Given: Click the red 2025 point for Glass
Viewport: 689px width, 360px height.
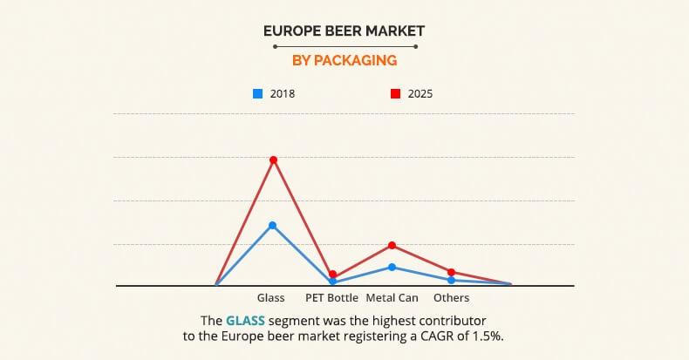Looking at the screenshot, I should click(273, 160).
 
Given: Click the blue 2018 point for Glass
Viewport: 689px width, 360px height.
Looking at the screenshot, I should click(273, 225).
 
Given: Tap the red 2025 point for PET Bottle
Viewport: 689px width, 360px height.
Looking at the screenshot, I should click(332, 275).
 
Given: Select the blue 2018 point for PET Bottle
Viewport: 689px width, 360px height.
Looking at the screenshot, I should click(332, 282).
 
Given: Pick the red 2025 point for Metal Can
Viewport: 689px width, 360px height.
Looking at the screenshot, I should click(392, 246).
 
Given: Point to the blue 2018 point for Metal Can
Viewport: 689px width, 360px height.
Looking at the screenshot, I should click(392, 267).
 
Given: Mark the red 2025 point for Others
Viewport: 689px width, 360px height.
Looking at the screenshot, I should click(451, 272).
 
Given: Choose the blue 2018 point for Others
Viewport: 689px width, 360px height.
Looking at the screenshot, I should click(451, 280).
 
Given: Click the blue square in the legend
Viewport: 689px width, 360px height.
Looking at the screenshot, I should click(257, 93).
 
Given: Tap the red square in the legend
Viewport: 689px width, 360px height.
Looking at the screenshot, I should click(395, 93).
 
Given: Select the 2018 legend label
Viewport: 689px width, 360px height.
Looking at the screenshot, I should click(283, 93).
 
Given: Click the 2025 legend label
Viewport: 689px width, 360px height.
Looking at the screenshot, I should click(420, 93).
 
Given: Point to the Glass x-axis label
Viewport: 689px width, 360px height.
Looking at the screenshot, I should click(271, 298).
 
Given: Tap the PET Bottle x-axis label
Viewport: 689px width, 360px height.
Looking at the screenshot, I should click(331, 298).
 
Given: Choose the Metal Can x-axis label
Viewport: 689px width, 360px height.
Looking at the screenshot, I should click(392, 298).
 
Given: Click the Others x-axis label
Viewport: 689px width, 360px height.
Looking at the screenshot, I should click(451, 298).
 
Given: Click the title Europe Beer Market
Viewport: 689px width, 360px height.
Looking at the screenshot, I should click(344, 31).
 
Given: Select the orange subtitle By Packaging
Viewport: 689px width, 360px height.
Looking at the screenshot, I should click(344, 61).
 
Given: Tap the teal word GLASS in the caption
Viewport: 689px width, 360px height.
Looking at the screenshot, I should click(245, 320).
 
